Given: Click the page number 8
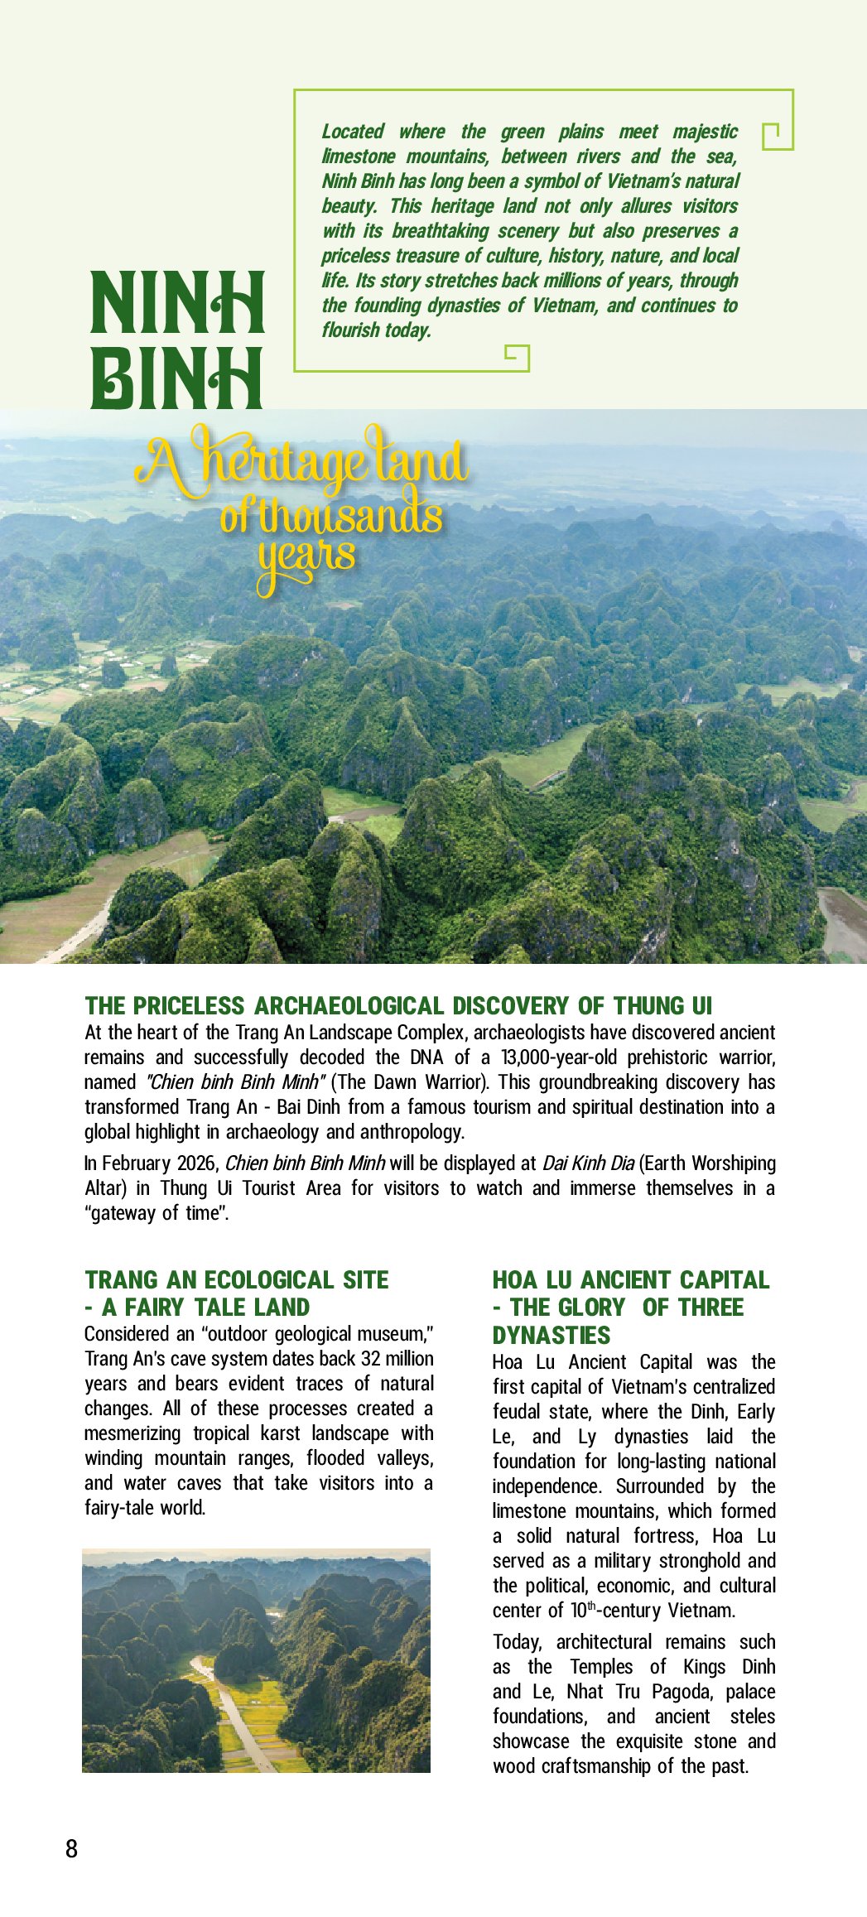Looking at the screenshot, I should tap(71, 1848).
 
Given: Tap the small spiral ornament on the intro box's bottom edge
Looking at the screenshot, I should tap(516, 356).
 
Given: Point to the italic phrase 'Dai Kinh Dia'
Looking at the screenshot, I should tap(588, 1163).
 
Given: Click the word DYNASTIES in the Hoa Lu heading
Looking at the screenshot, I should tap(552, 1336).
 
